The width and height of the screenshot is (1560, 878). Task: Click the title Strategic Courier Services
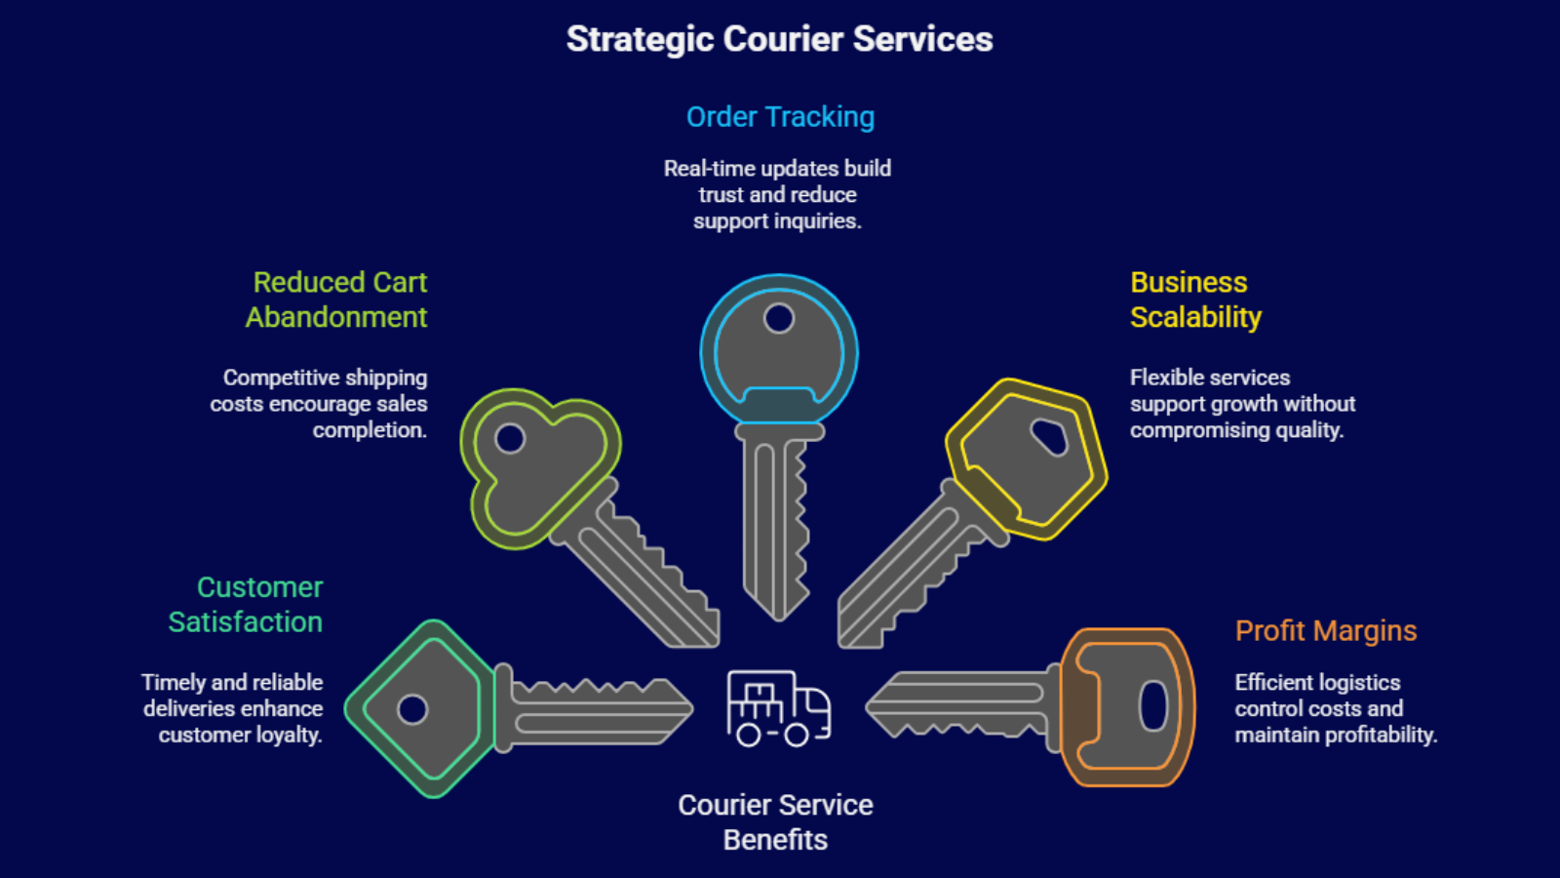point(779,39)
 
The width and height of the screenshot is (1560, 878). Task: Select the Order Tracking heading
point(780,117)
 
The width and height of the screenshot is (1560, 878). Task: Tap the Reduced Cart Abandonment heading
point(337,299)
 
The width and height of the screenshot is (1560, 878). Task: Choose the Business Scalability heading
point(1194,299)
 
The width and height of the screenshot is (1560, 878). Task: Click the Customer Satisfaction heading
point(246,605)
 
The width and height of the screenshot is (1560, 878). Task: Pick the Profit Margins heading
point(1325,631)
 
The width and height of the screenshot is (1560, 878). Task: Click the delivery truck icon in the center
point(778,708)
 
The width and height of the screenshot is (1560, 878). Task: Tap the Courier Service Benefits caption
point(775,822)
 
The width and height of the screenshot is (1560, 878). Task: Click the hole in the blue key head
point(779,318)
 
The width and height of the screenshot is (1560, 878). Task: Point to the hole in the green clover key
point(510,439)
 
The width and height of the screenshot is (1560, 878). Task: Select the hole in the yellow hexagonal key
point(1050,437)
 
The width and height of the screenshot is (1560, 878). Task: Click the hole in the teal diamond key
point(412,709)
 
